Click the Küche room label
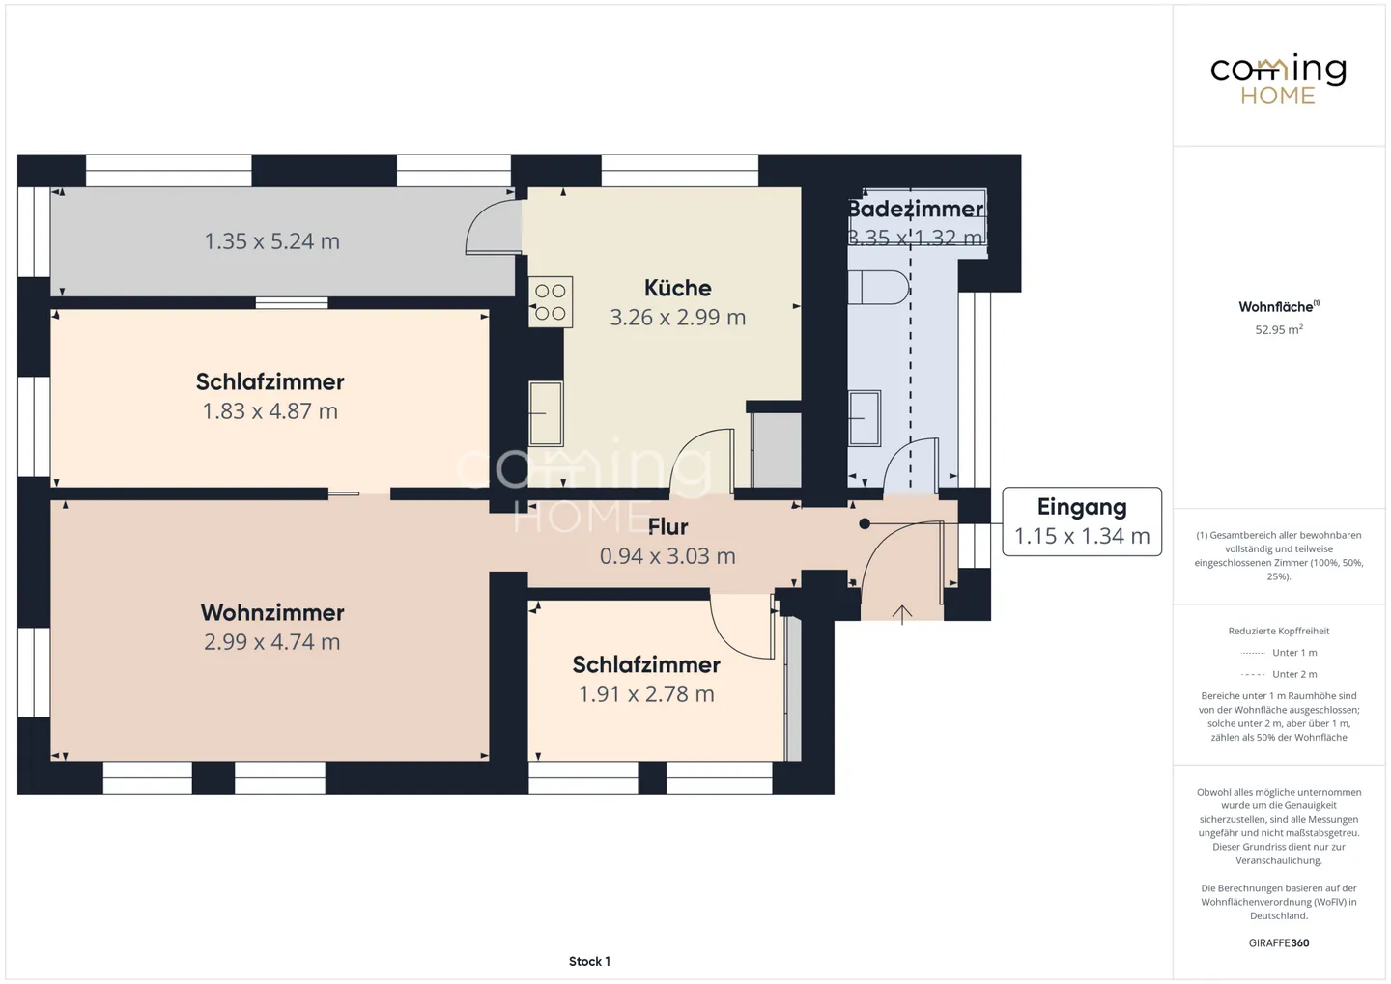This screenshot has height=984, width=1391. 677,288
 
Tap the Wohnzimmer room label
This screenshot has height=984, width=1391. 272,613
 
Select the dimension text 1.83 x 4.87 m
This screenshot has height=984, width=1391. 270,411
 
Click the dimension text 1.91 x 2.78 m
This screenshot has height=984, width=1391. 646,694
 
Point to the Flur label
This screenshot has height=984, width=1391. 667,527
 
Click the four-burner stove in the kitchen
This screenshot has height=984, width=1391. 551,301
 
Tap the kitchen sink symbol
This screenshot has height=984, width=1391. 546,413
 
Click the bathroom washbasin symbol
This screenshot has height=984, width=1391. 865,418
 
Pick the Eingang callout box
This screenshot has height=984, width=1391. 1082,521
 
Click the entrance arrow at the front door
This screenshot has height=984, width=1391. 901,614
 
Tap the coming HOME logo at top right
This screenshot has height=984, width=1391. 1278,79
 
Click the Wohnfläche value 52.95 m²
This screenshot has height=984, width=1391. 1279,329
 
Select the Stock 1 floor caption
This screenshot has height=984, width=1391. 589,961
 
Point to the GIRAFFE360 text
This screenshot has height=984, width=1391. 1279,942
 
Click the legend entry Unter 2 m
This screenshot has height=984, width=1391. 1279,674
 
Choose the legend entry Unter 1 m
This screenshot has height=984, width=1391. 1279,653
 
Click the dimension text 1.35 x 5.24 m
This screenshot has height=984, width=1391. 272,240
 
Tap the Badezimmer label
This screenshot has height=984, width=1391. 916,210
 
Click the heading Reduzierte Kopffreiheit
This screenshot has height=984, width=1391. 1279,631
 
